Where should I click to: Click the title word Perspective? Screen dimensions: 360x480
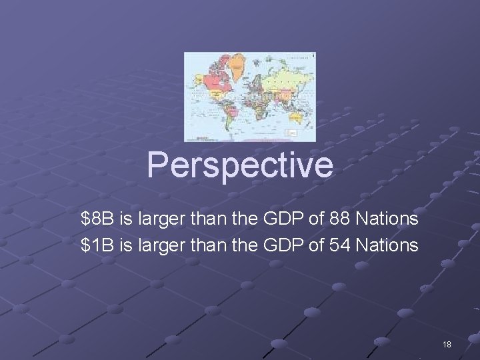(240, 165)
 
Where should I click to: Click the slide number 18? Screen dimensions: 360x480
(447, 344)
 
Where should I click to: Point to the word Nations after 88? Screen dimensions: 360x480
(387, 219)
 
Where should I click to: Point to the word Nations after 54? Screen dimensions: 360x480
(387, 245)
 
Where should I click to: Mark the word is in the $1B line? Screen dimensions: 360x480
(126, 245)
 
